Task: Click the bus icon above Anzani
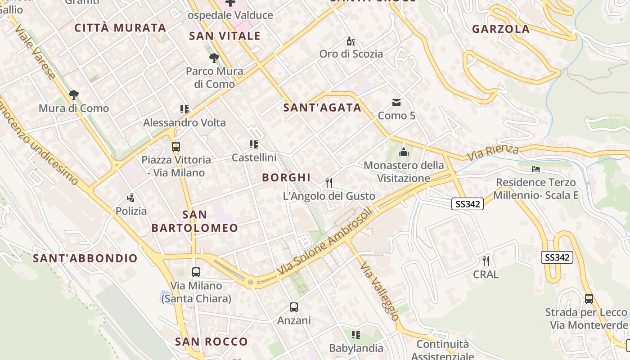[294, 307]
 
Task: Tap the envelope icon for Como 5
[396, 103]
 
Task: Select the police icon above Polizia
[131, 198]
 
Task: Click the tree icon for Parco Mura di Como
[214, 58]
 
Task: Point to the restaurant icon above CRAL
[486, 261]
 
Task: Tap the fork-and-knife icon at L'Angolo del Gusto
[329, 182]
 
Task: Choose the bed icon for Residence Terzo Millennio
[535, 169]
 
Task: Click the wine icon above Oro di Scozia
[351, 41]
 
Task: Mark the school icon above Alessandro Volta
[184, 109]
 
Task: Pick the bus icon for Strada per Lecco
[589, 298]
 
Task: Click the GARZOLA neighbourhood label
[500, 29]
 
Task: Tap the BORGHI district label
[286, 177]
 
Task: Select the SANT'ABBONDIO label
[85, 258]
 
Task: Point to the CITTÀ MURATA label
[120, 28]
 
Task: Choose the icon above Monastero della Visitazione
[403, 152]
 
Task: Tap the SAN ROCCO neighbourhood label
[211, 342]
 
